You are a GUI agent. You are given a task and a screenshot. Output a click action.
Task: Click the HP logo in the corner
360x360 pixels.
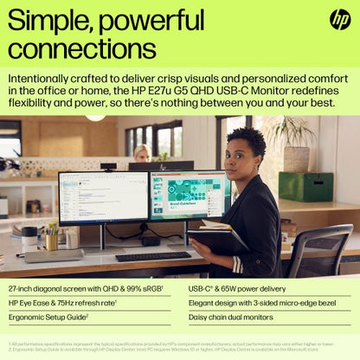tap(340, 19)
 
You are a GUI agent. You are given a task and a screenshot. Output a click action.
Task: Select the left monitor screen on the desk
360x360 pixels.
tap(103, 197)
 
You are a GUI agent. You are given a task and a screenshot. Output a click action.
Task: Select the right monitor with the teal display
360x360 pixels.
tap(190, 195)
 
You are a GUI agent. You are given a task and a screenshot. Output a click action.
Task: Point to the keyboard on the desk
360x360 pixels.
tap(153, 256)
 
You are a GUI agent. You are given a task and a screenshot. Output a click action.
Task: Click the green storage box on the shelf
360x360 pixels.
tap(305, 186)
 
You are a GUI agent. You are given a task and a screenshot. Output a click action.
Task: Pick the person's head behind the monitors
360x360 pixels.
tap(141, 153)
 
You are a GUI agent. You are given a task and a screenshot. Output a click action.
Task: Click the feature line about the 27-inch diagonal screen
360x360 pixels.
tap(86, 287)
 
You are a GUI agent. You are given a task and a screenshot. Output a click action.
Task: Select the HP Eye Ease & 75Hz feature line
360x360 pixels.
tap(62, 303)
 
